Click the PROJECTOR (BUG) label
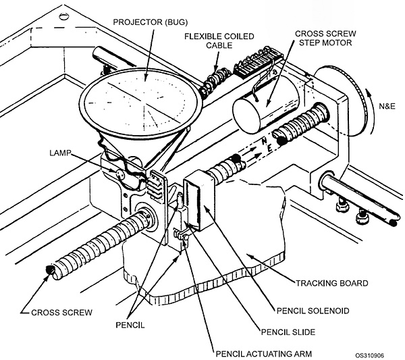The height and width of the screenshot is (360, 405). pyautogui.click(x=151, y=22)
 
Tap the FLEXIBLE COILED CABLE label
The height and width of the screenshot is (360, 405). pyautogui.click(x=219, y=41)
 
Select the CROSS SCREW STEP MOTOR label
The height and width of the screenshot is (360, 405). pyautogui.click(x=325, y=38)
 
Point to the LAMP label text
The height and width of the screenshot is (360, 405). pyautogui.click(x=60, y=153)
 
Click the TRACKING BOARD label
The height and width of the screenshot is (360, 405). pyautogui.click(x=332, y=283)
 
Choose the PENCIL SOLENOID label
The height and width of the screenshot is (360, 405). pyautogui.click(x=313, y=311)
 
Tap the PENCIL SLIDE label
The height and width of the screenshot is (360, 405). pyautogui.click(x=288, y=332)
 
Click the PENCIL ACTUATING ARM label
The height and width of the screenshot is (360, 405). pyautogui.click(x=264, y=353)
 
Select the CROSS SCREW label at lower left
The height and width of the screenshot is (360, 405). pyautogui.click(x=61, y=313)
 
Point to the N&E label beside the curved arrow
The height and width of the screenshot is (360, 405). pyautogui.click(x=387, y=106)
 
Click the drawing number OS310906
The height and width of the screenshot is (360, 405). pyautogui.click(x=369, y=355)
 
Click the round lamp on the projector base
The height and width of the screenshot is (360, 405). pyautogui.click(x=119, y=174)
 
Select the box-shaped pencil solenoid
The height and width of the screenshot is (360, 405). pyautogui.click(x=199, y=200)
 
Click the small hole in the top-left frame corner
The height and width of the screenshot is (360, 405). pyautogui.click(x=64, y=17)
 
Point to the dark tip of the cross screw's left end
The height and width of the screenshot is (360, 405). pyautogui.click(x=49, y=271)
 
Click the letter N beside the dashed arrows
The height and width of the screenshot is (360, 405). pyautogui.click(x=264, y=141)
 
